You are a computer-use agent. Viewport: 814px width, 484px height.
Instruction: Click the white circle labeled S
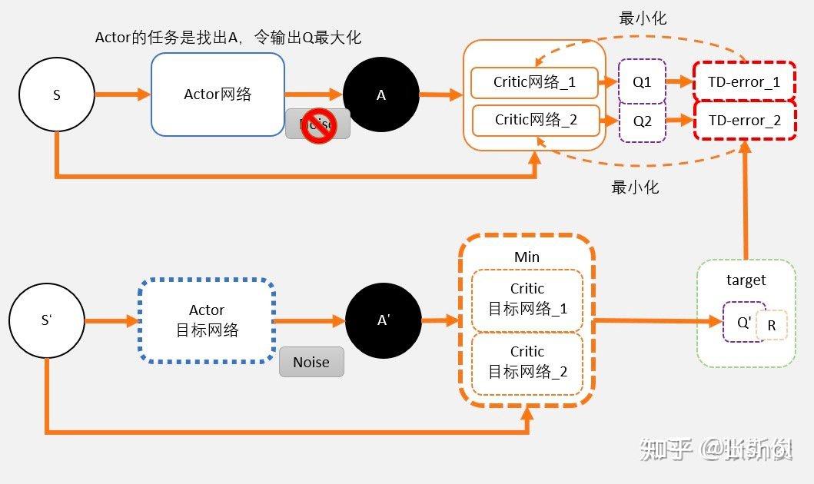point(56,94)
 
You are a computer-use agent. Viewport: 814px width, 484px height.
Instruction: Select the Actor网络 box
point(218,94)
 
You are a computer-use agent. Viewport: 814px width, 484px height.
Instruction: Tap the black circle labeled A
point(380,95)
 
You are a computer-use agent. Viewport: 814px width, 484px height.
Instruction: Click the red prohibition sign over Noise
point(317,128)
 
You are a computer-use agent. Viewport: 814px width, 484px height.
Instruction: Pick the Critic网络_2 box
point(535,120)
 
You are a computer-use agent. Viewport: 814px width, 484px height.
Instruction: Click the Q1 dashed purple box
point(642,82)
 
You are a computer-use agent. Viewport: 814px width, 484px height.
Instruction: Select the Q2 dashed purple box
point(642,121)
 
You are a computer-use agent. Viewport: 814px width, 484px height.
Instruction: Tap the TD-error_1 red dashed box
point(744,82)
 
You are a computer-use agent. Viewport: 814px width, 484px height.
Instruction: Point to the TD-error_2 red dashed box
point(744,121)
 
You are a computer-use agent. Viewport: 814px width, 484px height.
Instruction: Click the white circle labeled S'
point(46,320)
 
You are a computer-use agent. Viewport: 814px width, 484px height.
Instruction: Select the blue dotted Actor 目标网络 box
point(207,320)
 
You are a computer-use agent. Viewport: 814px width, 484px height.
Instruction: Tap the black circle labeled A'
point(384,321)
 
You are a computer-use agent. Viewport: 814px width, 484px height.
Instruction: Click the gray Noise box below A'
point(311,363)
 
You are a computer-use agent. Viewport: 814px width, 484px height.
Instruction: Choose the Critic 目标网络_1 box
point(527,300)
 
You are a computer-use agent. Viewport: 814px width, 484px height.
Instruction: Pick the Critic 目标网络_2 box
point(527,363)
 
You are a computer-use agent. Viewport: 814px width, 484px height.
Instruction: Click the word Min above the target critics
point(527,257)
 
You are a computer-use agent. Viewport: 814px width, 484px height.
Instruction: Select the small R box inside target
point(772,326)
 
